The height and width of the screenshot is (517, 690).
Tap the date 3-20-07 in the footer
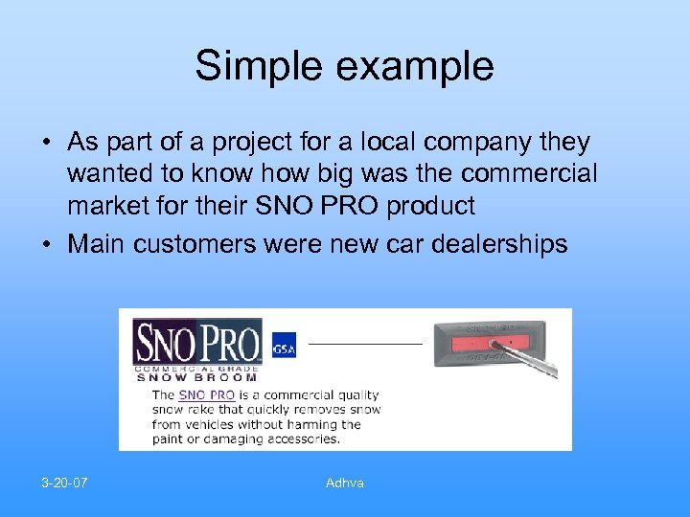[64, 483]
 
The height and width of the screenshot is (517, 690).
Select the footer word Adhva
[344, 483]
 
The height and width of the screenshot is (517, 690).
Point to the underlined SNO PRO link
[207, 394]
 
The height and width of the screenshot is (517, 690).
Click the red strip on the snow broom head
[489, 342]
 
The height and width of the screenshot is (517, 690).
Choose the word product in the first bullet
[434, 205]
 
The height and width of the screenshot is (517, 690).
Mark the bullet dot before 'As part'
[46, 144]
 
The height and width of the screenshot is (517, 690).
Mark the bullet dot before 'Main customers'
[46, 245]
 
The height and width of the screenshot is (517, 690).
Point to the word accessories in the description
[297, 438]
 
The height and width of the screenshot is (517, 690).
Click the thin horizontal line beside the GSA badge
[365, 342]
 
